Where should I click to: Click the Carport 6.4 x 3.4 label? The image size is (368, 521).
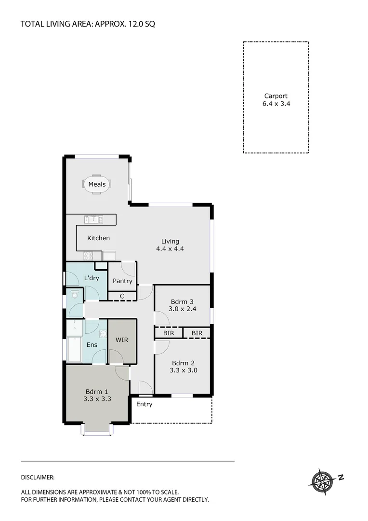coord(276,99)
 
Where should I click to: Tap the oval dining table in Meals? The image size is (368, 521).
coord(97,184)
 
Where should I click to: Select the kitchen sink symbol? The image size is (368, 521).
coord(93,219)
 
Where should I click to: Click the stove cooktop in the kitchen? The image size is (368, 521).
coord(89,256)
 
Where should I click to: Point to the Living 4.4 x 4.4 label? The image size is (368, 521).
coord(170,245)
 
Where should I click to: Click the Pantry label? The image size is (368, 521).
coord(122,281)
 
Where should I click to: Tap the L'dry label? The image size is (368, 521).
coord(92,278)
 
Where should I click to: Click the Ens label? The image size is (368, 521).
coord(92,345)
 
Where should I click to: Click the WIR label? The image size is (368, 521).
coord(122,340)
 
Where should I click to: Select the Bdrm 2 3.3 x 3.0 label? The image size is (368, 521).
coord(183,367)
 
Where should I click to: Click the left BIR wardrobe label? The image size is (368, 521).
coord(168,333)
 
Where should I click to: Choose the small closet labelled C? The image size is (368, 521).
coord(122,296)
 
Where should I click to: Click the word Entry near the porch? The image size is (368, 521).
coord(144,404)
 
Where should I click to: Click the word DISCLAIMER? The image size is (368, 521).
coord(38,477)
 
